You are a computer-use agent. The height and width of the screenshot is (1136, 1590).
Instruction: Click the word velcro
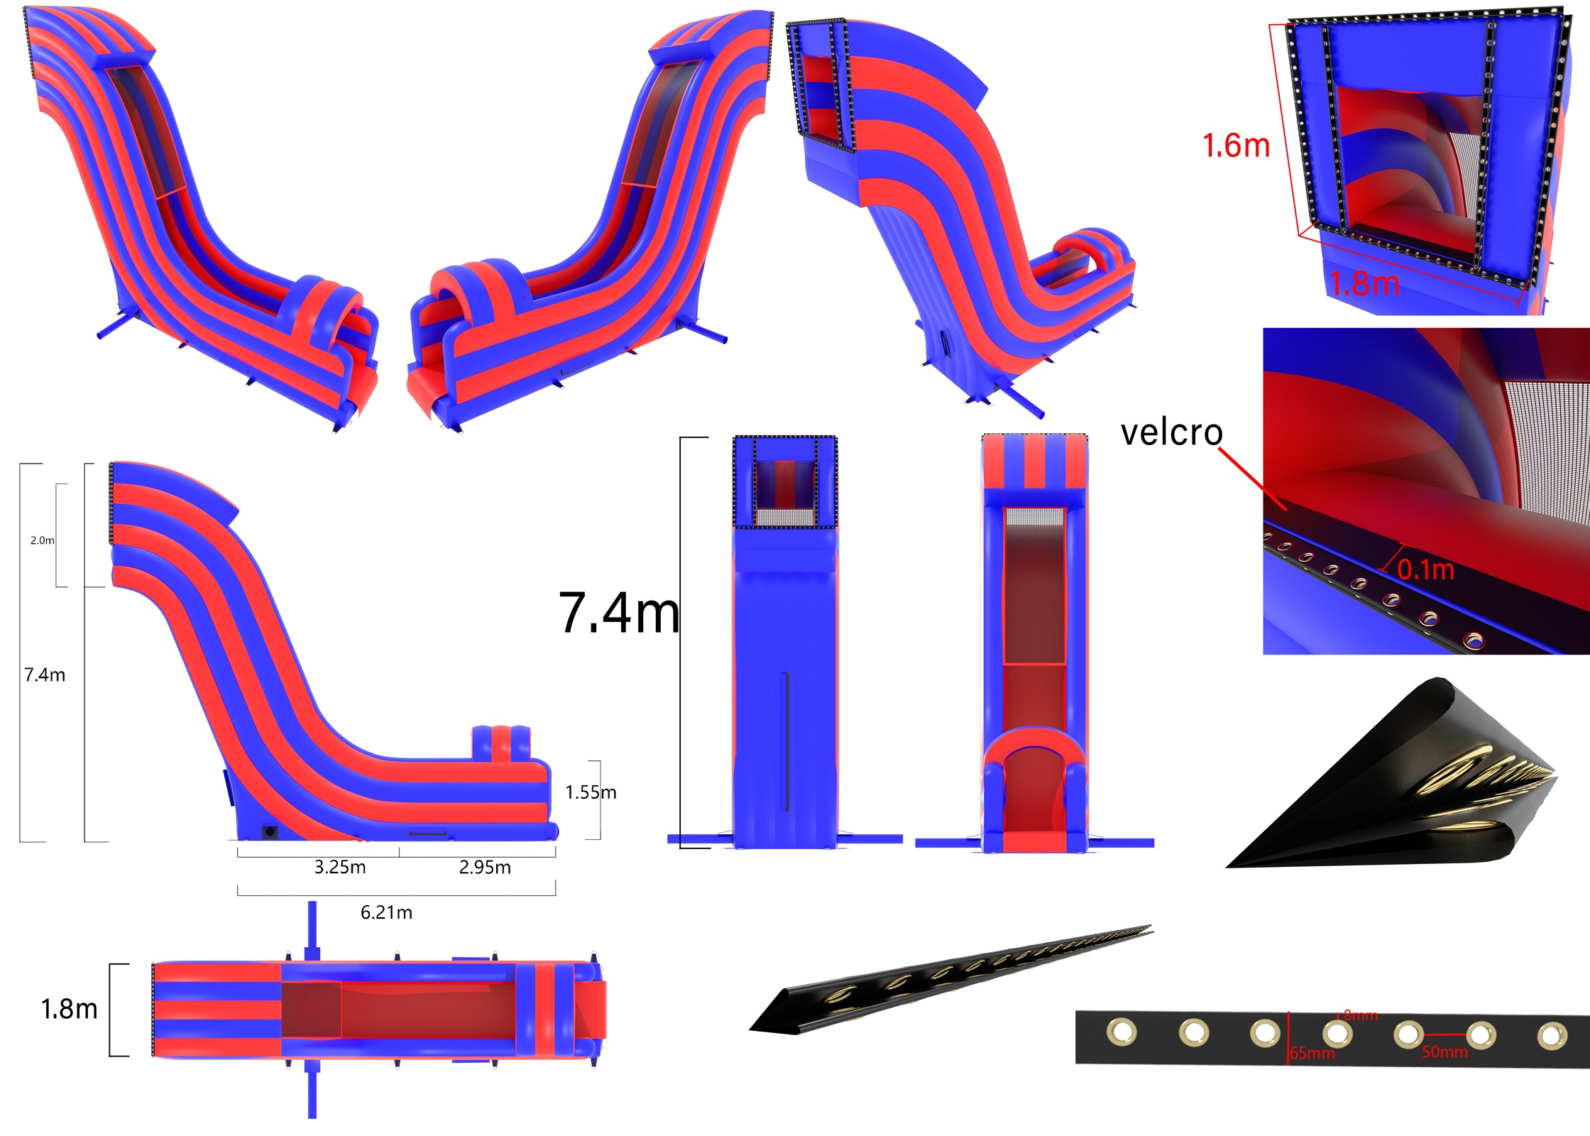(x=1171, y=432)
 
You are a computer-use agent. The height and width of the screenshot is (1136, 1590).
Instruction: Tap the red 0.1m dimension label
(x=1426, y=569)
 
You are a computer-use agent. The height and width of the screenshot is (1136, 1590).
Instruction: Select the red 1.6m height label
(x=1236, y=146)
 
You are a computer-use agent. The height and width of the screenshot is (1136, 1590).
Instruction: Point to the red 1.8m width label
(x=1364, y=283)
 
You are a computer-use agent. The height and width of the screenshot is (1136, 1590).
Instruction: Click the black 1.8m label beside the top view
(x=70, y=1009)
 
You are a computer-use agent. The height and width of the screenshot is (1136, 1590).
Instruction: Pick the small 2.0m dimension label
(x=42, y=540)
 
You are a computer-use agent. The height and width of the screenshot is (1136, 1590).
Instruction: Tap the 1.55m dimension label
(x=591, y=792)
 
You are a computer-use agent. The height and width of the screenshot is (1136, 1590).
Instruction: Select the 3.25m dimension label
(x=340, y=867)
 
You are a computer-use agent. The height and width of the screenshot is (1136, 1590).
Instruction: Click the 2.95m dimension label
(x=485, y=867)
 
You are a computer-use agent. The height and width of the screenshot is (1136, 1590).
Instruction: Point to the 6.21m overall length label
(x=386, y=912)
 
